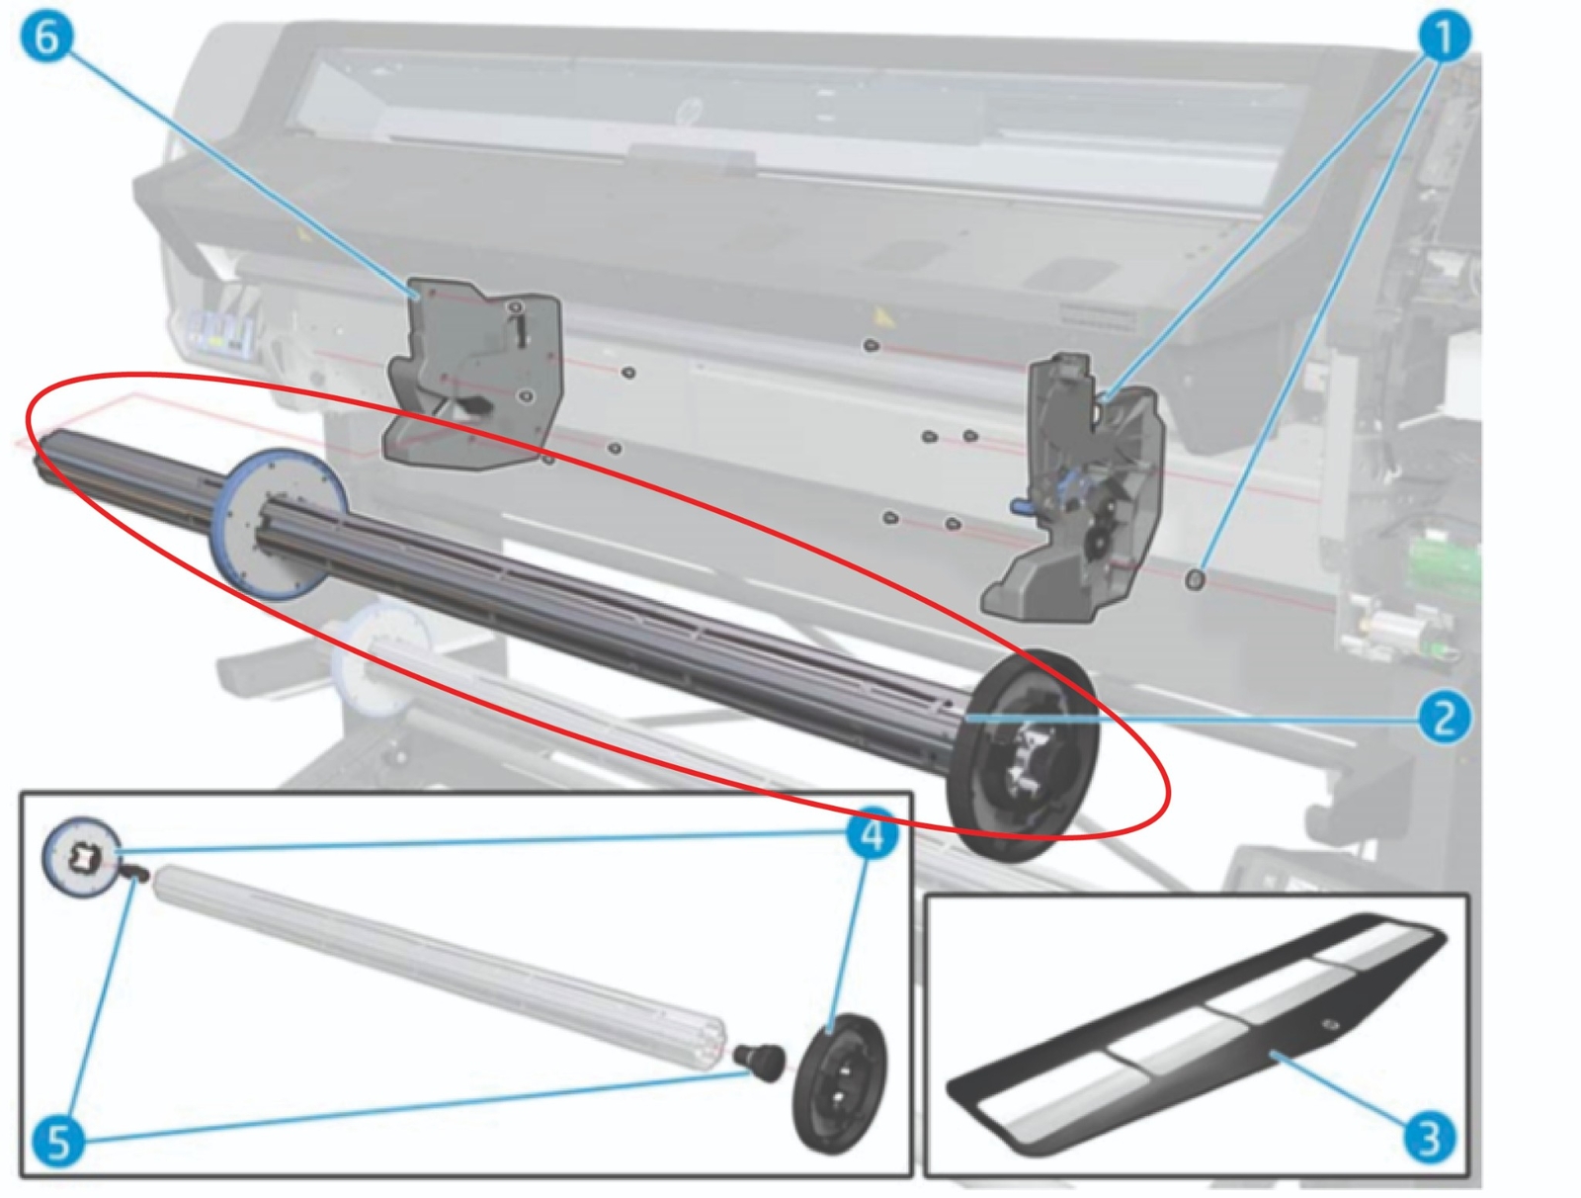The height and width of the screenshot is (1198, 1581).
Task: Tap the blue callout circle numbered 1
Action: pyautogui.click(x=1444, y=39)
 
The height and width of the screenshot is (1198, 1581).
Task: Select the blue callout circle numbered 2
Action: pyautogui.click(x=1443, y=717)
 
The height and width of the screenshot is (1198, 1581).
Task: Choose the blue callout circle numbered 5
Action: pyautogui.click(x=58, y=1142)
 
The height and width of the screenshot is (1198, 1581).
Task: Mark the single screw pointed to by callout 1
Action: pyautogui.click(x=1195, y=579)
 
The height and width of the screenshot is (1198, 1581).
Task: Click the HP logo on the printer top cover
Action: pyautogui.click(x=684, y=112)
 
